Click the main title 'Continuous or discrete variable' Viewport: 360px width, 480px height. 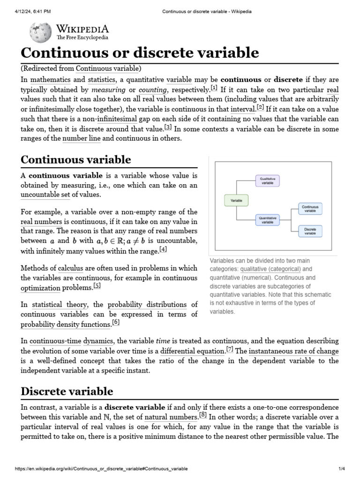[x=140, y=53]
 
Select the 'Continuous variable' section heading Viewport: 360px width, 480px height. [x=76, y=159]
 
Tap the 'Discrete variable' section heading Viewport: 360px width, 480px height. [x=67, y=391]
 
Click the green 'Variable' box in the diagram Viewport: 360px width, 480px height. [x=236, y=200]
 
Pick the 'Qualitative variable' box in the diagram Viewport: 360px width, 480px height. [x=267, y=181]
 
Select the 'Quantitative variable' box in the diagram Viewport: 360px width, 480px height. [x=267, y=220]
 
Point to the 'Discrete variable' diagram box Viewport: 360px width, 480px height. [x=310, y=231]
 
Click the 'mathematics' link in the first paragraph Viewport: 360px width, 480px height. [x=50, y=80]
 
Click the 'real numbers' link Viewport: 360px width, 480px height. [x=41, y=222]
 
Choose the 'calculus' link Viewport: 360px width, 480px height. [x=70, y=269]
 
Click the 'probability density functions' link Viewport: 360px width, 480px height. [x=66, y=324]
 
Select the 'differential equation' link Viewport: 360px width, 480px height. [x=192, y=351]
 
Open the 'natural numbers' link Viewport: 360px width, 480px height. [x=171, y=417]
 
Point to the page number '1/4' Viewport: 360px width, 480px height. [x=340, y=469]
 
